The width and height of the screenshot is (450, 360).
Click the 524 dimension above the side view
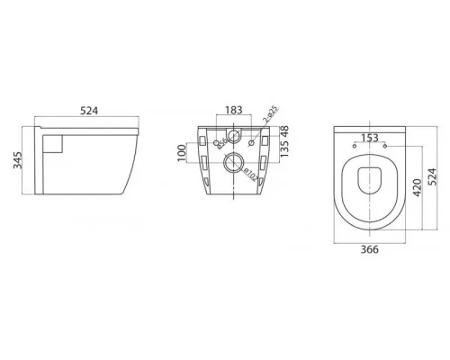coord(87,112)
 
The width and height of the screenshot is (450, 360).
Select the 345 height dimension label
coord(14,161)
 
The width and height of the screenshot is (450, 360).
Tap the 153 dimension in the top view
coord(369,138)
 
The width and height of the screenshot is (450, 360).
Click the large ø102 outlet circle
coord(233,164)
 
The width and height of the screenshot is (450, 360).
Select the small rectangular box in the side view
coord(53,143)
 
